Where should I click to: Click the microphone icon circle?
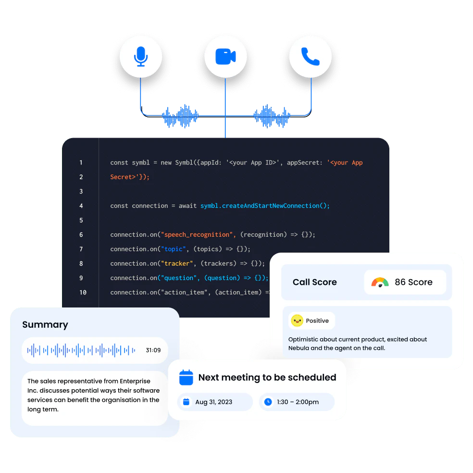pos(140,56)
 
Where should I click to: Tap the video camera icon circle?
pos(225,56)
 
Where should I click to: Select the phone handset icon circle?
pos(311,56)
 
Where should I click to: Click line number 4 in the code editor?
pos(81,206)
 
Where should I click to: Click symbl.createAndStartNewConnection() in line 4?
pos(265,206)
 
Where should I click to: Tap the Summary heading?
pos(45,325)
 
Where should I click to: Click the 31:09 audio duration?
pos(153,350)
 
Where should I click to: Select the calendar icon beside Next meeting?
pos(186,377)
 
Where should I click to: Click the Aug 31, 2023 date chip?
pos(214,402)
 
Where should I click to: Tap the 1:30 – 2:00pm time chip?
pos(297,402)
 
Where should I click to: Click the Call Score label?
pos(314,282)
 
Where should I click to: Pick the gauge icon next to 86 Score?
pos(380,282)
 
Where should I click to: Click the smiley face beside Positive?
pos(297,320)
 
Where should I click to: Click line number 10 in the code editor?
pos(83,293)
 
